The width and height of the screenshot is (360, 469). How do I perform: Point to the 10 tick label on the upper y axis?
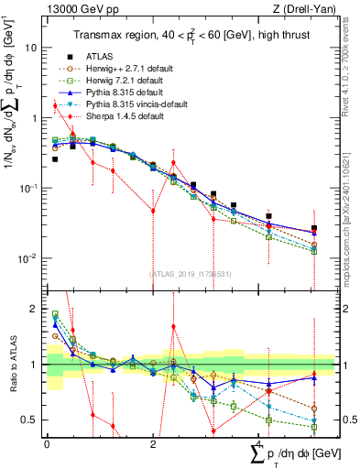click(x=30, y=47)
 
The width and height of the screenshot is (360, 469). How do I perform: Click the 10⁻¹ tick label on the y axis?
click(x=27, y=188)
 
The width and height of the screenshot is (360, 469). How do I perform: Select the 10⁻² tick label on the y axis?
click(x=27, y=258)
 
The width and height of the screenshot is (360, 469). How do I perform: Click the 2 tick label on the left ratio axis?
click(x=35, y=309)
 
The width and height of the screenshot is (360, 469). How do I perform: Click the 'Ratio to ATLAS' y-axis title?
click(x=12, y=365)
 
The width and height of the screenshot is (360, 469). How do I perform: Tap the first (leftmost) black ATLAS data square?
click(x=55, y=159)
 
